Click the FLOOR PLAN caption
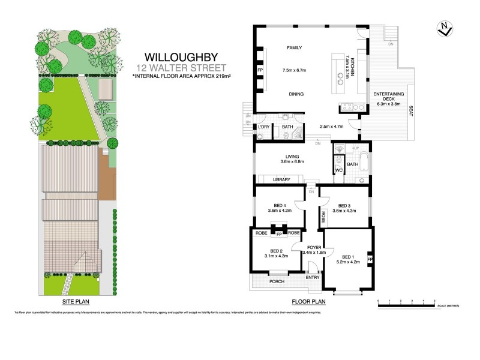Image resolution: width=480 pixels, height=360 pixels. point(308,302)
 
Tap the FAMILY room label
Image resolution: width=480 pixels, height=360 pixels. point(294,47)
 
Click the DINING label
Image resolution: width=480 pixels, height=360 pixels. point(296,94)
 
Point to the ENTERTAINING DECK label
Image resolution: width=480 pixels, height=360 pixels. point(388,97)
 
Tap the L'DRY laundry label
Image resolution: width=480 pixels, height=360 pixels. point(263,127)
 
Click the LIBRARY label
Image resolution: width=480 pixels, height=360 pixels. point(281,179)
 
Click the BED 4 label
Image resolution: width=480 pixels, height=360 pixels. point(277,205)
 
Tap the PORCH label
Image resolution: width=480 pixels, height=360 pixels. point(277,281)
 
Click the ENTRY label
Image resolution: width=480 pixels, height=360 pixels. point(312,277)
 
